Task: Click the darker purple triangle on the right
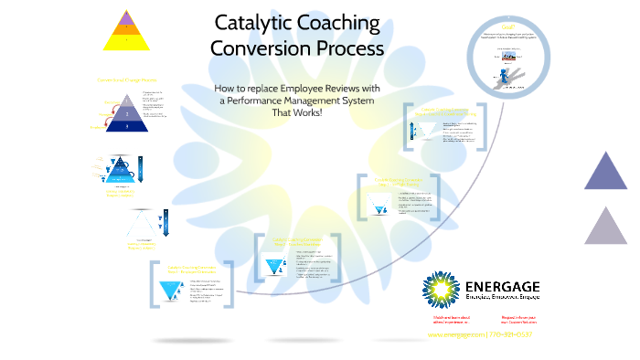pyautogui.click(x=605, y=172)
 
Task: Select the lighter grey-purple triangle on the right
pyautogui.click(x=605, y=227)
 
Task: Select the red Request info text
pyautogui.click(x=518, y=319)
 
